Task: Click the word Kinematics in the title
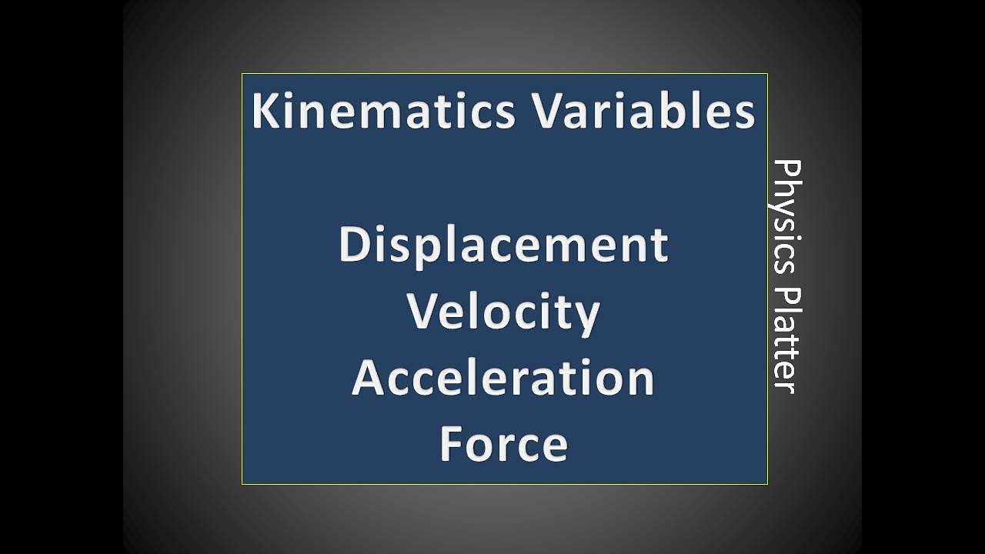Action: pyautogui.click(x=382, y=111)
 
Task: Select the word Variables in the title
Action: pyautogui.click(x=643, y=111)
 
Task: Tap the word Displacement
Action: pyautogui.click(x=503, y=245)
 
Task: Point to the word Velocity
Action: pyautogui.click(x=503, y=312)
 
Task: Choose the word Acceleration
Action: pyautogui.click(x=503, y=379)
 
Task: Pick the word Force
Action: pyautogui.click(x=503, y=445)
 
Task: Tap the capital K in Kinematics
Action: pyautogui.click(x=265, y=111)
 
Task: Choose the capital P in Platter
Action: pyautogui.click(x=786, y=296)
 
